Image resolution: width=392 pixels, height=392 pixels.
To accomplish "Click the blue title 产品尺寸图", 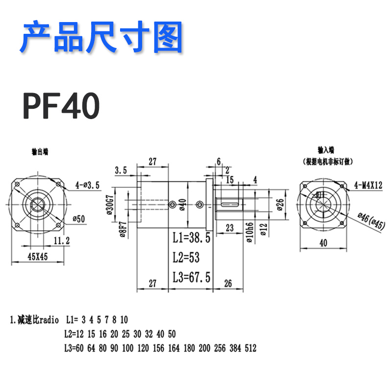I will [x=101, y=37].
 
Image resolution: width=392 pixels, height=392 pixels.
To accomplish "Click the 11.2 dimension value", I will [x=62, y=240].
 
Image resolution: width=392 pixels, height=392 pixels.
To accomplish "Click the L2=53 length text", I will [x=186, y=258].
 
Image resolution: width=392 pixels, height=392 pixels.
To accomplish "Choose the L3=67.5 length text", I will [x=192, y=277].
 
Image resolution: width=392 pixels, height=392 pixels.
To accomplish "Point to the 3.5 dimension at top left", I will [x=121, y=171].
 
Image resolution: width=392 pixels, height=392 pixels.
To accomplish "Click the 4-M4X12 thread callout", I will [x=368, y=185].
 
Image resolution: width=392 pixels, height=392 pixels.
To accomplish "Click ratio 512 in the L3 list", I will [x=250, y=348].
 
